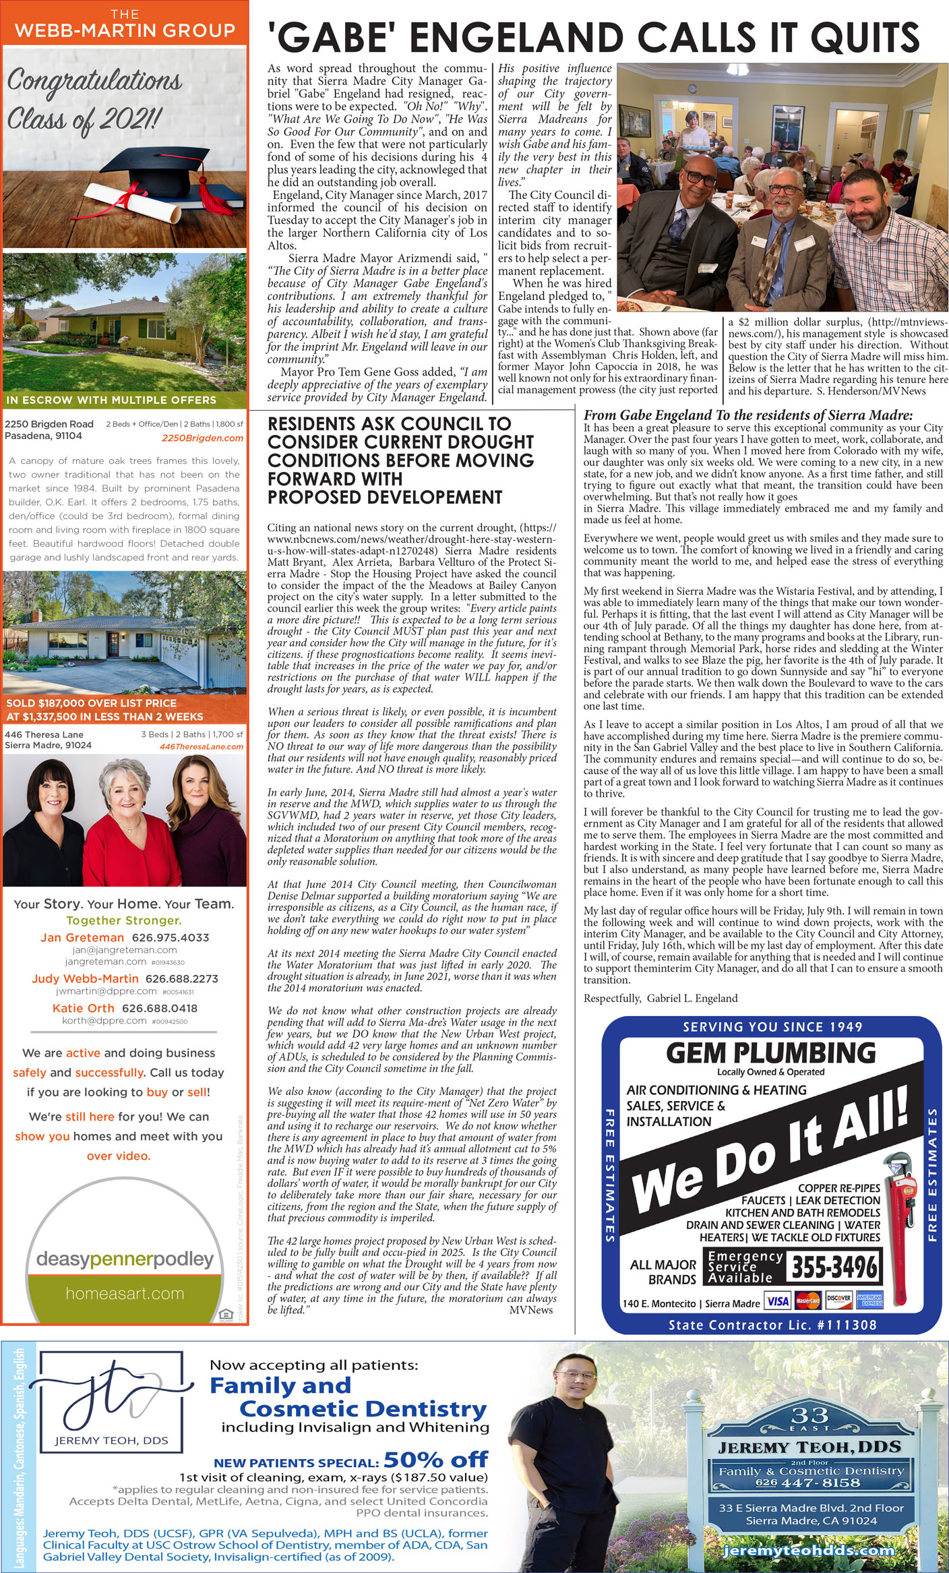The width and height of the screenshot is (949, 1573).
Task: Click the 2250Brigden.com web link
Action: point(202,438)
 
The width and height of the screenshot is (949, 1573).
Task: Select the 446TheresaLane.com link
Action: point(201,746)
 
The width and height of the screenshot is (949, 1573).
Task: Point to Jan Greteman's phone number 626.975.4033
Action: point(171,937)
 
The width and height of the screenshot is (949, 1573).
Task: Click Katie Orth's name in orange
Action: point(84,1008)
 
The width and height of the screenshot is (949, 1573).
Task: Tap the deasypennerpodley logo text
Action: point(125,1259)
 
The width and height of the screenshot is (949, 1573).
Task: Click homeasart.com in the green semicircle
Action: point(125,1293)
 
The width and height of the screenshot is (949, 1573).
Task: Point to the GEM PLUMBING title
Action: point(771,1052)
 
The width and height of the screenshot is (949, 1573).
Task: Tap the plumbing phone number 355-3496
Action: point(834,1268)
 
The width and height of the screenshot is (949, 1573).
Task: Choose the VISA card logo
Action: point(778,1301)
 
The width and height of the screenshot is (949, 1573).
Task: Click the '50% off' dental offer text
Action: point(435,1460)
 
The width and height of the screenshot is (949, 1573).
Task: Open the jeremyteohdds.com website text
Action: point(809,1550)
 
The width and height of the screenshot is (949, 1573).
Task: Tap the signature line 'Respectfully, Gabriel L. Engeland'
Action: point(661,998)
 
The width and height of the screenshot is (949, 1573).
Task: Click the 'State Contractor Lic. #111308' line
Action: point(772,1325)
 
